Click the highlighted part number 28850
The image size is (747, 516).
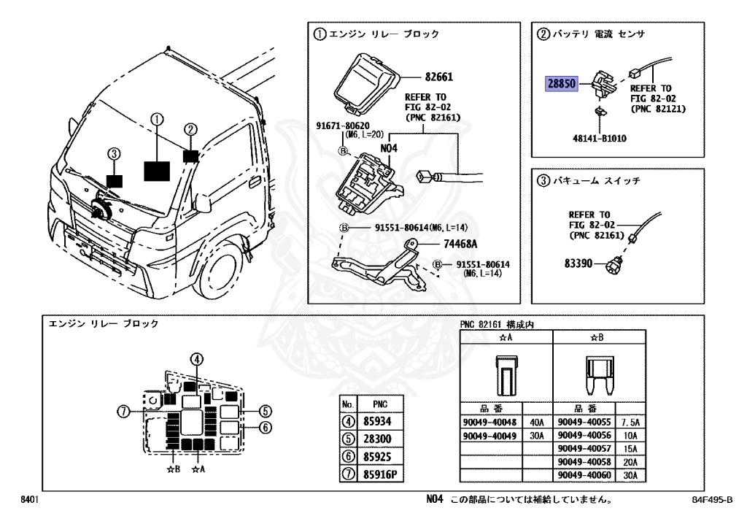[562, 84]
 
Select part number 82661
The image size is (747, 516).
[441, 76]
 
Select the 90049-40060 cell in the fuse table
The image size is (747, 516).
[584, 475]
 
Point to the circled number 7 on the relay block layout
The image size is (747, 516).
[125, 412]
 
